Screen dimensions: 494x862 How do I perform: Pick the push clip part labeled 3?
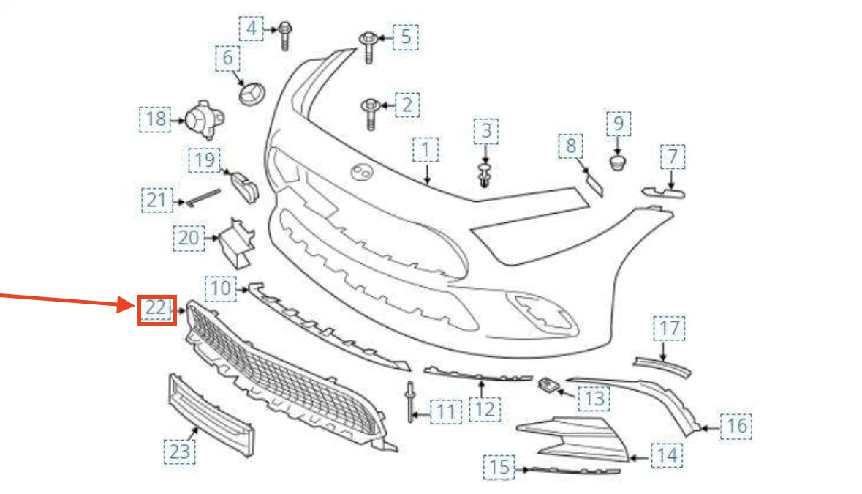pos(484,173)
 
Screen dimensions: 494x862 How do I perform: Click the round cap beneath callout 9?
pos(619,160)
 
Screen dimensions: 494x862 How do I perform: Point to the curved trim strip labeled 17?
pos(662,364)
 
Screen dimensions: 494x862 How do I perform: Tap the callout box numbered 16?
pos(737,425)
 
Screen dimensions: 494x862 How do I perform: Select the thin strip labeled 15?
pos(574,468)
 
